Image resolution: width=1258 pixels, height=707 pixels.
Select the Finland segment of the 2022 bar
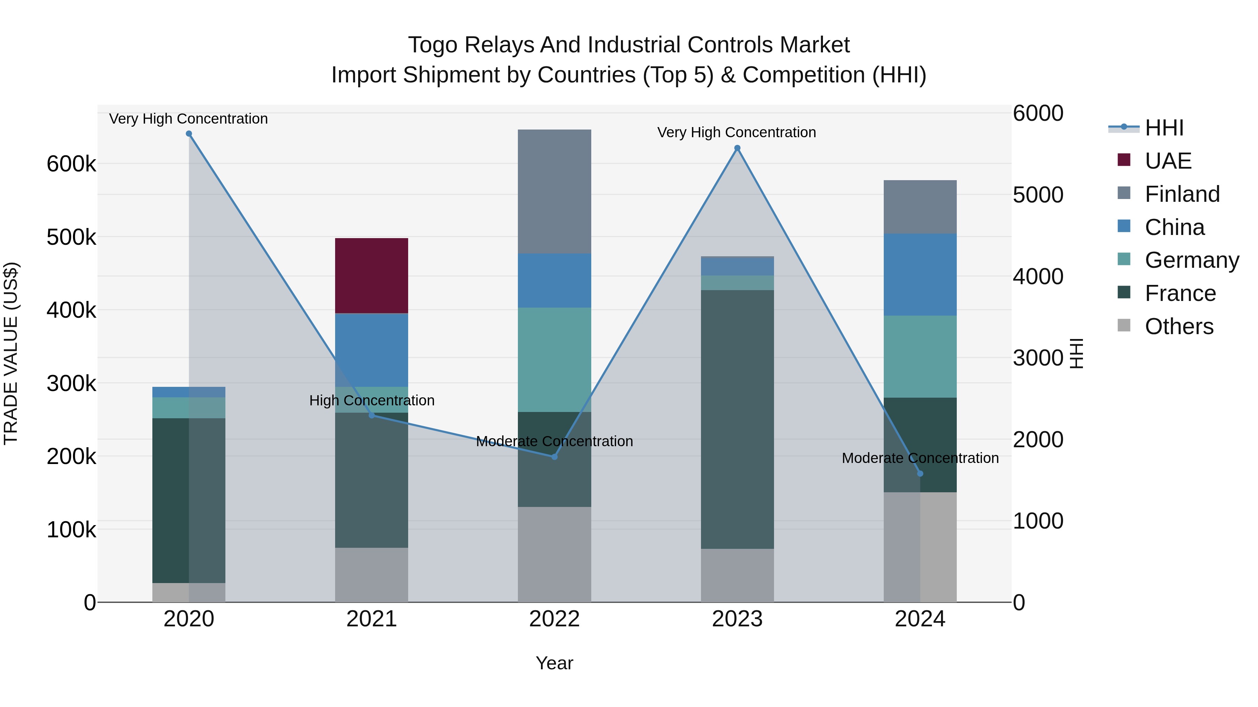[554, 191]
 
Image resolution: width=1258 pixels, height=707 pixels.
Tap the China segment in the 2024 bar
[920, 275]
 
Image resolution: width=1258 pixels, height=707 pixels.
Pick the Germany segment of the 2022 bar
[554, 360]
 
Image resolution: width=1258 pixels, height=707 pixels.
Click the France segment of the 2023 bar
[737, 420]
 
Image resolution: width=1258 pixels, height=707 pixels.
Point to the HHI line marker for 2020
[189, 134]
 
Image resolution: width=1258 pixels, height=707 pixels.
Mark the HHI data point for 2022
[554, 457]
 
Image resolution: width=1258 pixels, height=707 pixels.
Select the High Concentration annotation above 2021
[372, 400]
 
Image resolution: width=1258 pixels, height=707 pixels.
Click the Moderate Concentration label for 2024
[920, 458]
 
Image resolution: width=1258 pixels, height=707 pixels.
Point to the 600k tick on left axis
[71, 164]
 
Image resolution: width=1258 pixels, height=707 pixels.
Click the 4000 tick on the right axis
[1038, 277]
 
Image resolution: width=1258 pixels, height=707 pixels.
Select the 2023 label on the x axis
[737, 619]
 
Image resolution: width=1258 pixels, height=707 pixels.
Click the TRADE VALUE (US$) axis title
[11, 353]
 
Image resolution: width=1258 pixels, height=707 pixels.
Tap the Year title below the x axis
[554, 663]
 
